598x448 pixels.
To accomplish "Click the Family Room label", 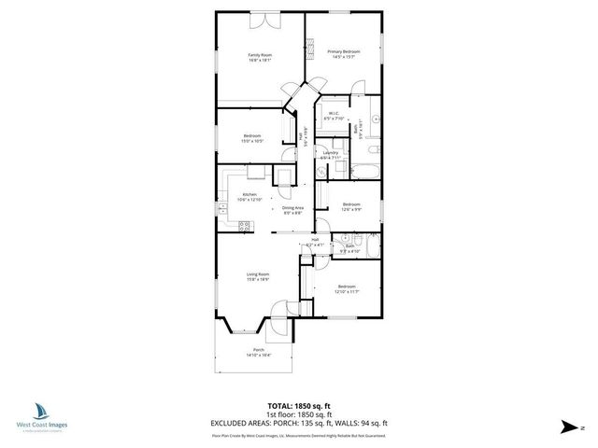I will (260, 57).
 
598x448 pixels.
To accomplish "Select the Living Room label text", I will (257, 276).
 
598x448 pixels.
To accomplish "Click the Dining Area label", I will (293, 210).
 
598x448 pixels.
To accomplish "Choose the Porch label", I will (258, 352).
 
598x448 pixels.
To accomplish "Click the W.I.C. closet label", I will (334, 117).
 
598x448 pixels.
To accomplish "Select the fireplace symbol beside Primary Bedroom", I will (314, 54).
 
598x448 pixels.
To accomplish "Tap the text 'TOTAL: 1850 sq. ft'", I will (299, 406).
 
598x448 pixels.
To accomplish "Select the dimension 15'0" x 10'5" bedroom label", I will (252, 139).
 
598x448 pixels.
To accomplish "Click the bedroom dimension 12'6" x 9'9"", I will (350, 207).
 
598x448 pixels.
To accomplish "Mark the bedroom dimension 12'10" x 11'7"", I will (347, 289).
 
